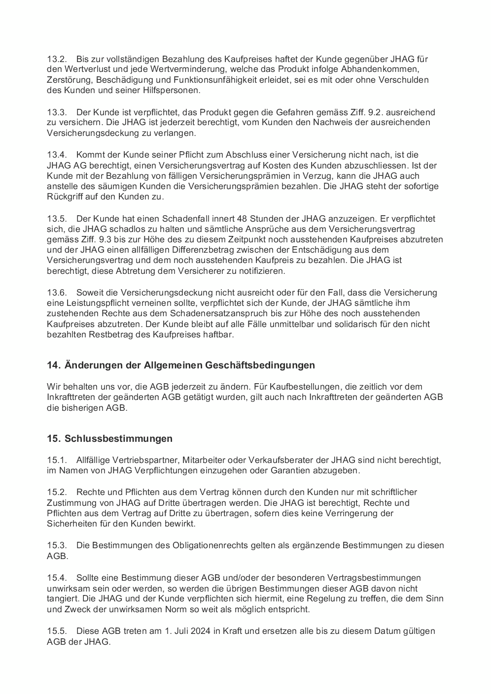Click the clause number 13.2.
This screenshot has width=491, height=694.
point(57,59)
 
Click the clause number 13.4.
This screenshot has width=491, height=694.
point(57,155)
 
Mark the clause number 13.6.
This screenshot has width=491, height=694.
point(57,293)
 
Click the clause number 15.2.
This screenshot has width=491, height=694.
point(57,492)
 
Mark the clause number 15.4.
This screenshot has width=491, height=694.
point(57,578)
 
